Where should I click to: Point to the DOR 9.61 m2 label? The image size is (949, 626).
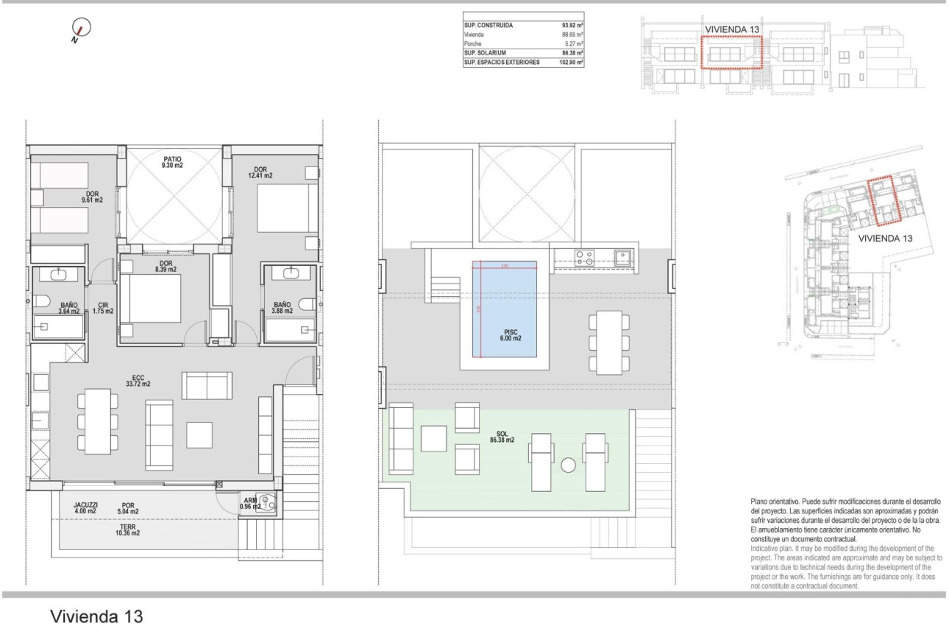pos(92,196)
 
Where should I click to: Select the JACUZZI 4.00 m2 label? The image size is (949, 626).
pos(85,507)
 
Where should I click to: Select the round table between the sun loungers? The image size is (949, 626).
pos(568,465)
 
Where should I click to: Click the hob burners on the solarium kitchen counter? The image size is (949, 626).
pos(585,257)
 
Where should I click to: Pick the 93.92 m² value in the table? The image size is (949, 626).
pos(572,25)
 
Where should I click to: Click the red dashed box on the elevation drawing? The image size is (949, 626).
pos(731,52)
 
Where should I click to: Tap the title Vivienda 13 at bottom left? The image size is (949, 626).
pos(96,616)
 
